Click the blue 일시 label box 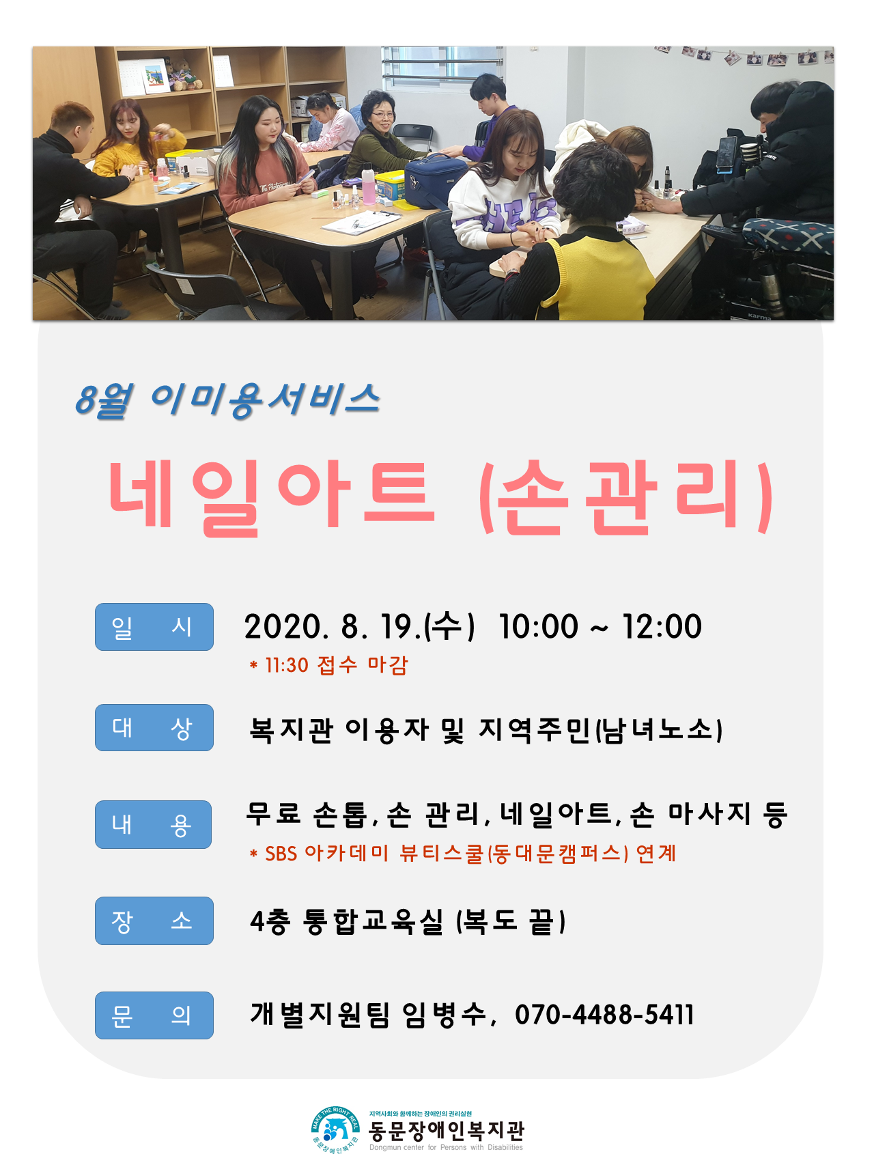154,626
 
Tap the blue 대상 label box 154,727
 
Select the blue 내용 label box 153,824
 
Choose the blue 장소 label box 154,921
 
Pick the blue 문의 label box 154,1015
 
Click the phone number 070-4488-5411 604,1015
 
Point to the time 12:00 662,626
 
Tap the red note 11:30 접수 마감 329,664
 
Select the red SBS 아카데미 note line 463,853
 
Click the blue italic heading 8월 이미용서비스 227,399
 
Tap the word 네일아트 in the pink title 272,496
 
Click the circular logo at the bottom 335,1130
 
